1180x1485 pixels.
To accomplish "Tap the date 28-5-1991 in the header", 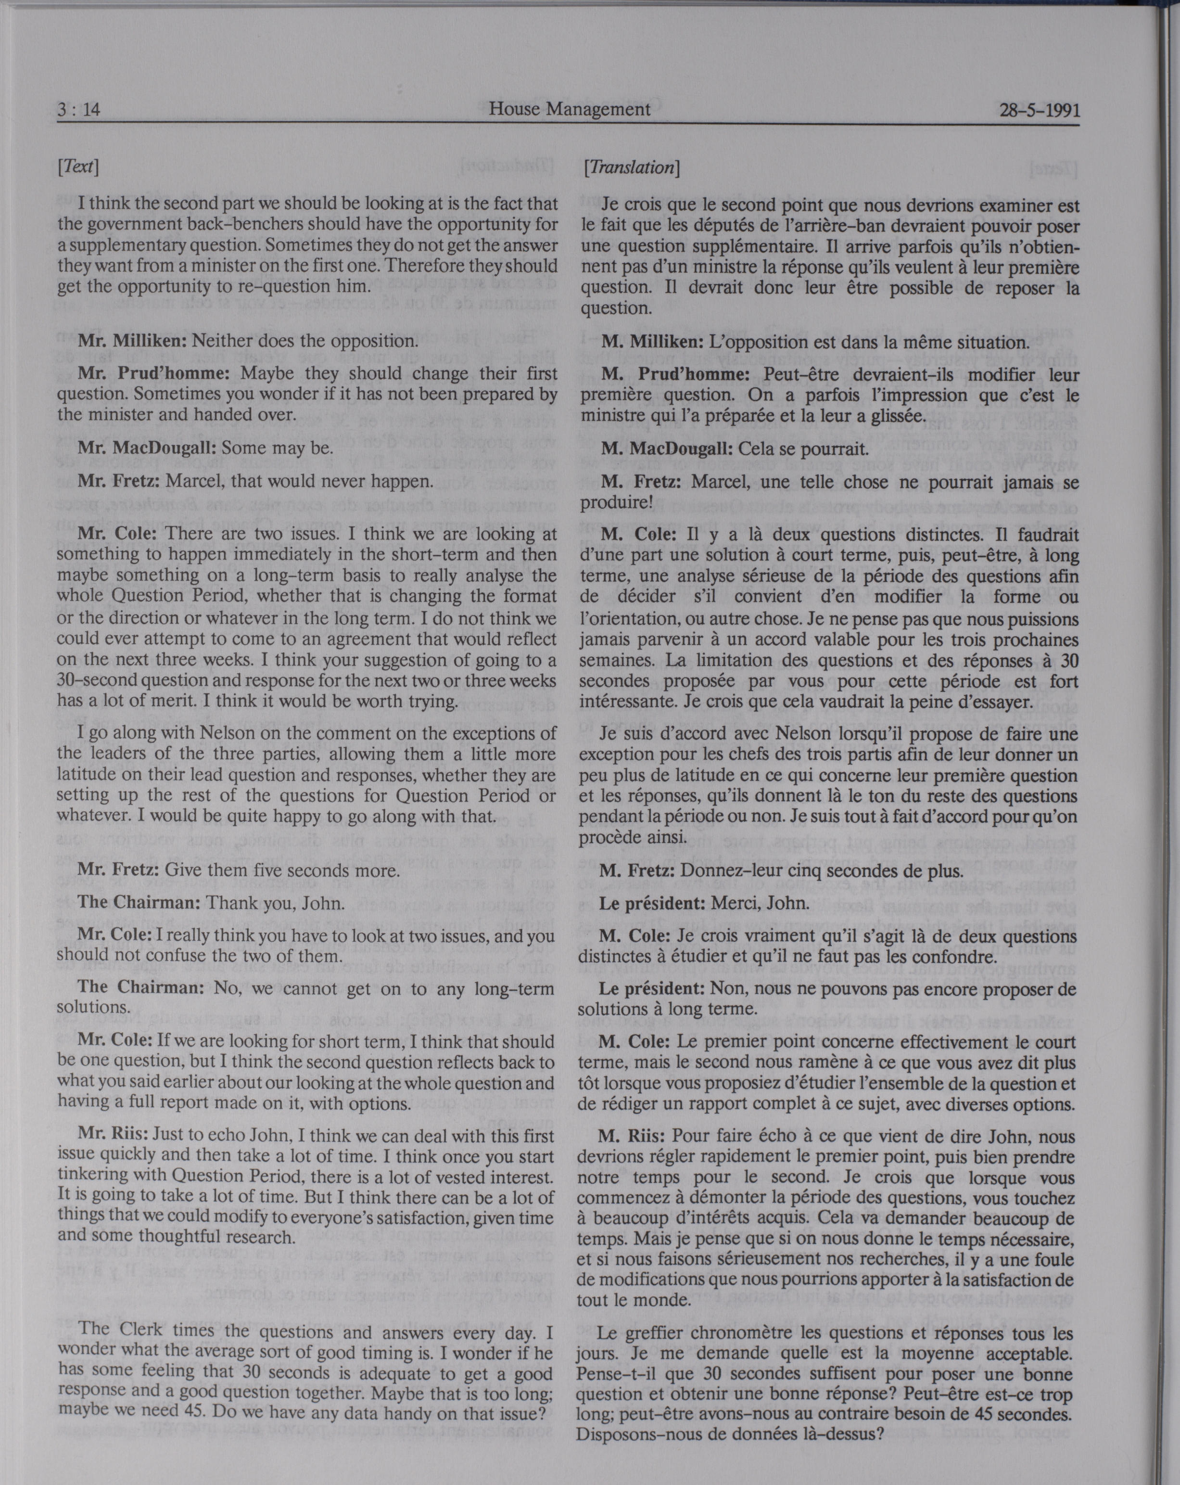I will pos(1039,111).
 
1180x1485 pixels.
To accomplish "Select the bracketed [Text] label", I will pos(78,166).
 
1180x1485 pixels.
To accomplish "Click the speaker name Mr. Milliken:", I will pos(132,340).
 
